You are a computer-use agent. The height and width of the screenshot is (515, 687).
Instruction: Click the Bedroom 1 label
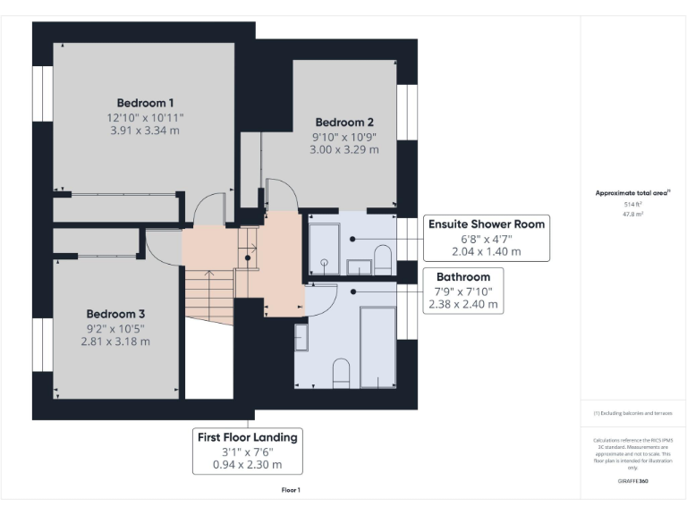[145, 102]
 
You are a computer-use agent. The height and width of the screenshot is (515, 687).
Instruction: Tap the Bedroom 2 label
[344, 122]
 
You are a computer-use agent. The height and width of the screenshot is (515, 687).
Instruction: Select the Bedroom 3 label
[115, 314]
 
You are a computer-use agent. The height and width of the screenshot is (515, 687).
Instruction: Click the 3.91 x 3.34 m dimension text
[145, 131]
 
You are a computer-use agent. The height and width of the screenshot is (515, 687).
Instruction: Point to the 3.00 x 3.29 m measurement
[344, 149]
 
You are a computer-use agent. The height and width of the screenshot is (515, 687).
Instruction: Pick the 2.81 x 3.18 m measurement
[115, 341]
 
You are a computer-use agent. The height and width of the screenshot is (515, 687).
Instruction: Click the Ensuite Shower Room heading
[487, 224]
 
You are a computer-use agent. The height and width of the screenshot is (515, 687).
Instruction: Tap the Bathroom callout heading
[463, 277]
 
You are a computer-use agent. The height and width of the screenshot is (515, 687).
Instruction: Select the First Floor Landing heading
[249, 437]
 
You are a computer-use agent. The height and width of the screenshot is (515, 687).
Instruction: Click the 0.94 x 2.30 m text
[249, 464]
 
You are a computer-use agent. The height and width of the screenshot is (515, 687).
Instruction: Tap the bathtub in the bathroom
[377, 347]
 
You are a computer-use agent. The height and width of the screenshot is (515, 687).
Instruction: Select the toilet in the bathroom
[340, 372]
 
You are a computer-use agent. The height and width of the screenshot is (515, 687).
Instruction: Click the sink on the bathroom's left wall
[301, 337]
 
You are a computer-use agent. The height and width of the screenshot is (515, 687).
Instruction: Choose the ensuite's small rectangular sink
[359, 266]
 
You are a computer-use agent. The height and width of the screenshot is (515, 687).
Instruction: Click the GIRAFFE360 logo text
[633, 480]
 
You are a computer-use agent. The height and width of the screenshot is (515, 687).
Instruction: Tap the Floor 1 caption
[291, 490]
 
